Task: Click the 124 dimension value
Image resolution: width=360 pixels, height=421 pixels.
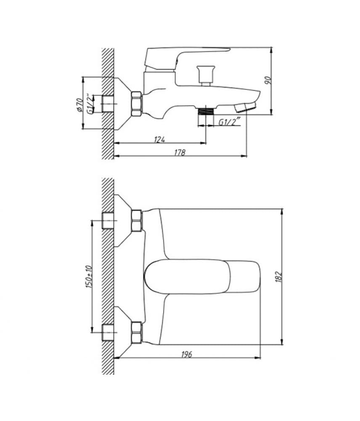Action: (160, 139)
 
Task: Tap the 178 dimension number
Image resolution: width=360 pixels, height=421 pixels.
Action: (180, 152)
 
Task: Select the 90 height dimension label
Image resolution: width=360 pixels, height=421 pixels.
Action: (268, 80)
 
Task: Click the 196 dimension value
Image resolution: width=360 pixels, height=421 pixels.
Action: (186, 354)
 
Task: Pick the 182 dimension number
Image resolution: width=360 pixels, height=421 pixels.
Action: (279, 277)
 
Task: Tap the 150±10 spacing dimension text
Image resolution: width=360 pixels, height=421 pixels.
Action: (89, 277)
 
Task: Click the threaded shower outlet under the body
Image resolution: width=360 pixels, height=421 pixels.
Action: (206, 111)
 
